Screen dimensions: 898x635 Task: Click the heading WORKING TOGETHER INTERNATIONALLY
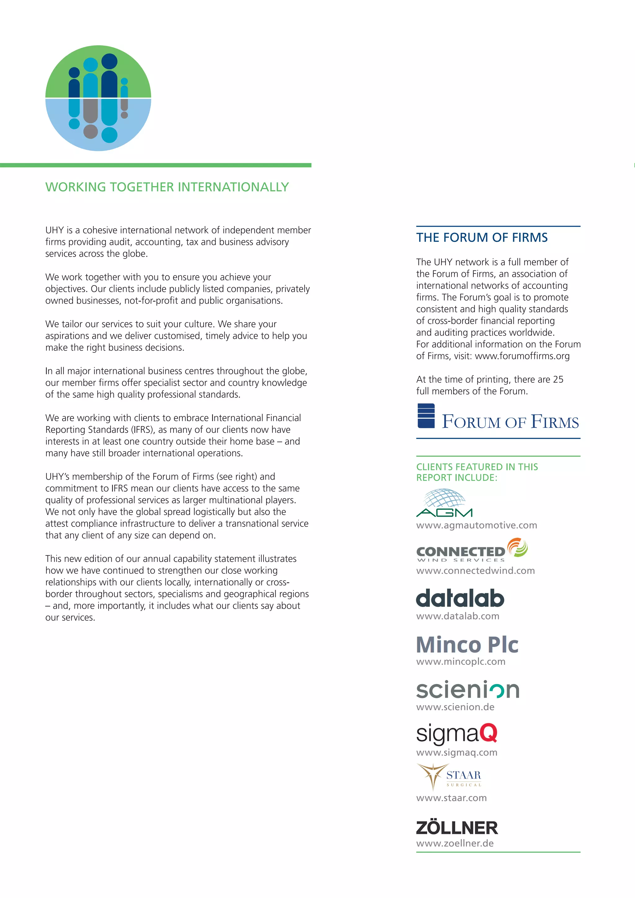pyautogui.click(x=167, y=187)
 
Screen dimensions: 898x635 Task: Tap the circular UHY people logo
pyautogui.click(x=98, y=98)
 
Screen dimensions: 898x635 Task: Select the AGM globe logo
pyautogui.click(x=444, y=503)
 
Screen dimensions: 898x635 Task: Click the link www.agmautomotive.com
pyautogui.click(x=476, y=525)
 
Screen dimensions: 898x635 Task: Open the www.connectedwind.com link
pyautogui.click(x=475, y=571)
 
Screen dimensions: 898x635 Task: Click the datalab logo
pyautogui.click(x=460, y=598)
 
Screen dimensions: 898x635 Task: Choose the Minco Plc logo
pyautogui.click(x=467, y=645)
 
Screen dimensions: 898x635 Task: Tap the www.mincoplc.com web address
pyautogui.click(x=461, y=661)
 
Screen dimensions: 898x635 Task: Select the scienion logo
pyautogui.click(x=468, y=690)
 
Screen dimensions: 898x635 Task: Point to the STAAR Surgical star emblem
pyautogui.click(x=432, y=775)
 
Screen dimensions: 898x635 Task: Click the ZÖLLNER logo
pyautogui.click(x=457, y=828)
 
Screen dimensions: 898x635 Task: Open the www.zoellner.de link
pyautogui.click(x=455, y=843)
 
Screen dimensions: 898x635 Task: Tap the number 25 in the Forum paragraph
pyautogui.click(x=558, y=379)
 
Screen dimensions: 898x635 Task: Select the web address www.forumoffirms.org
pyautogui.click(x=522, y=356)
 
